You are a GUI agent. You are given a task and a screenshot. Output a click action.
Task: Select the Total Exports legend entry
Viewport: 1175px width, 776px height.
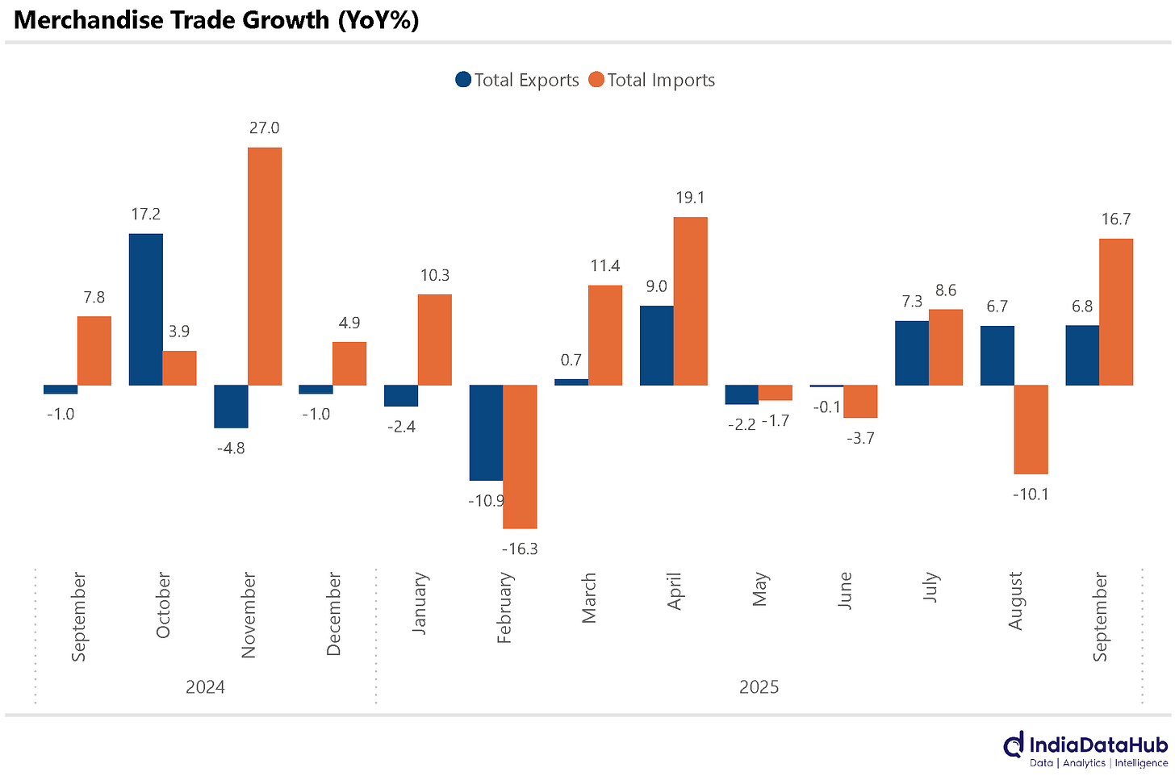pos(517,80)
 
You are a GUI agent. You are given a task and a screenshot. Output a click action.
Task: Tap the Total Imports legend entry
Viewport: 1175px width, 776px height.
pos(651,80)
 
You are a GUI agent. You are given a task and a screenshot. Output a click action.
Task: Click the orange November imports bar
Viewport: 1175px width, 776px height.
pos(265,266)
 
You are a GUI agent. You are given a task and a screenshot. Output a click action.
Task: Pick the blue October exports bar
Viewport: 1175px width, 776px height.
pos(146,309)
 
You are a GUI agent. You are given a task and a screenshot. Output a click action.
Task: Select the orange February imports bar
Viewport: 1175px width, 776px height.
pos(521,457)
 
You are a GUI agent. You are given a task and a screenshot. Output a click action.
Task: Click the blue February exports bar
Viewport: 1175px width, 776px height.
pos(487,432)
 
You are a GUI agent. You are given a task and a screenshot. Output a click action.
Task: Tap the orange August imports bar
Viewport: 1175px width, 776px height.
pos(1031,429)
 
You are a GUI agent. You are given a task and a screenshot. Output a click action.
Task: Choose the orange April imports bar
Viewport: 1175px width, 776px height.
pos(691,301)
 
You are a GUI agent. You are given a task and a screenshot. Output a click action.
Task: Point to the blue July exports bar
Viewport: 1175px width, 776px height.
pos(912,353)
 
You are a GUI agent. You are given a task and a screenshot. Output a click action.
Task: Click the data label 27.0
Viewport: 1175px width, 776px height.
pos(265,128)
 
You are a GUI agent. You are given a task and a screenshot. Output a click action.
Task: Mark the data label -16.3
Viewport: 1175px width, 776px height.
pos(520,549)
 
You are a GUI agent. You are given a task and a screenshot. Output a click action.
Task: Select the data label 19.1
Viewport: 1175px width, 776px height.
pos(691,198)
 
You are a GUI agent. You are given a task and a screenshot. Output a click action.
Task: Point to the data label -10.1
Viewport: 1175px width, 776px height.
pos(1031,494)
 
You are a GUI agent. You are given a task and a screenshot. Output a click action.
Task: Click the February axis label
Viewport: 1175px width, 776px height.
pos(504,607)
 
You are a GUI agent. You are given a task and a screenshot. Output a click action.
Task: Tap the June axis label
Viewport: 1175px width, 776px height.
pos(845,590)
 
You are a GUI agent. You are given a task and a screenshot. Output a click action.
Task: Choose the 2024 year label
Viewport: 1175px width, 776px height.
pos(205,687)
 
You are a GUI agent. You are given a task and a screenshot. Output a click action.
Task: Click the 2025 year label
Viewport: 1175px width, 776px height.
pos(759,687)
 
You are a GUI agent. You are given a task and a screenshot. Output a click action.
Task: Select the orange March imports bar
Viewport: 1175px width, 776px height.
pos(605,335)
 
